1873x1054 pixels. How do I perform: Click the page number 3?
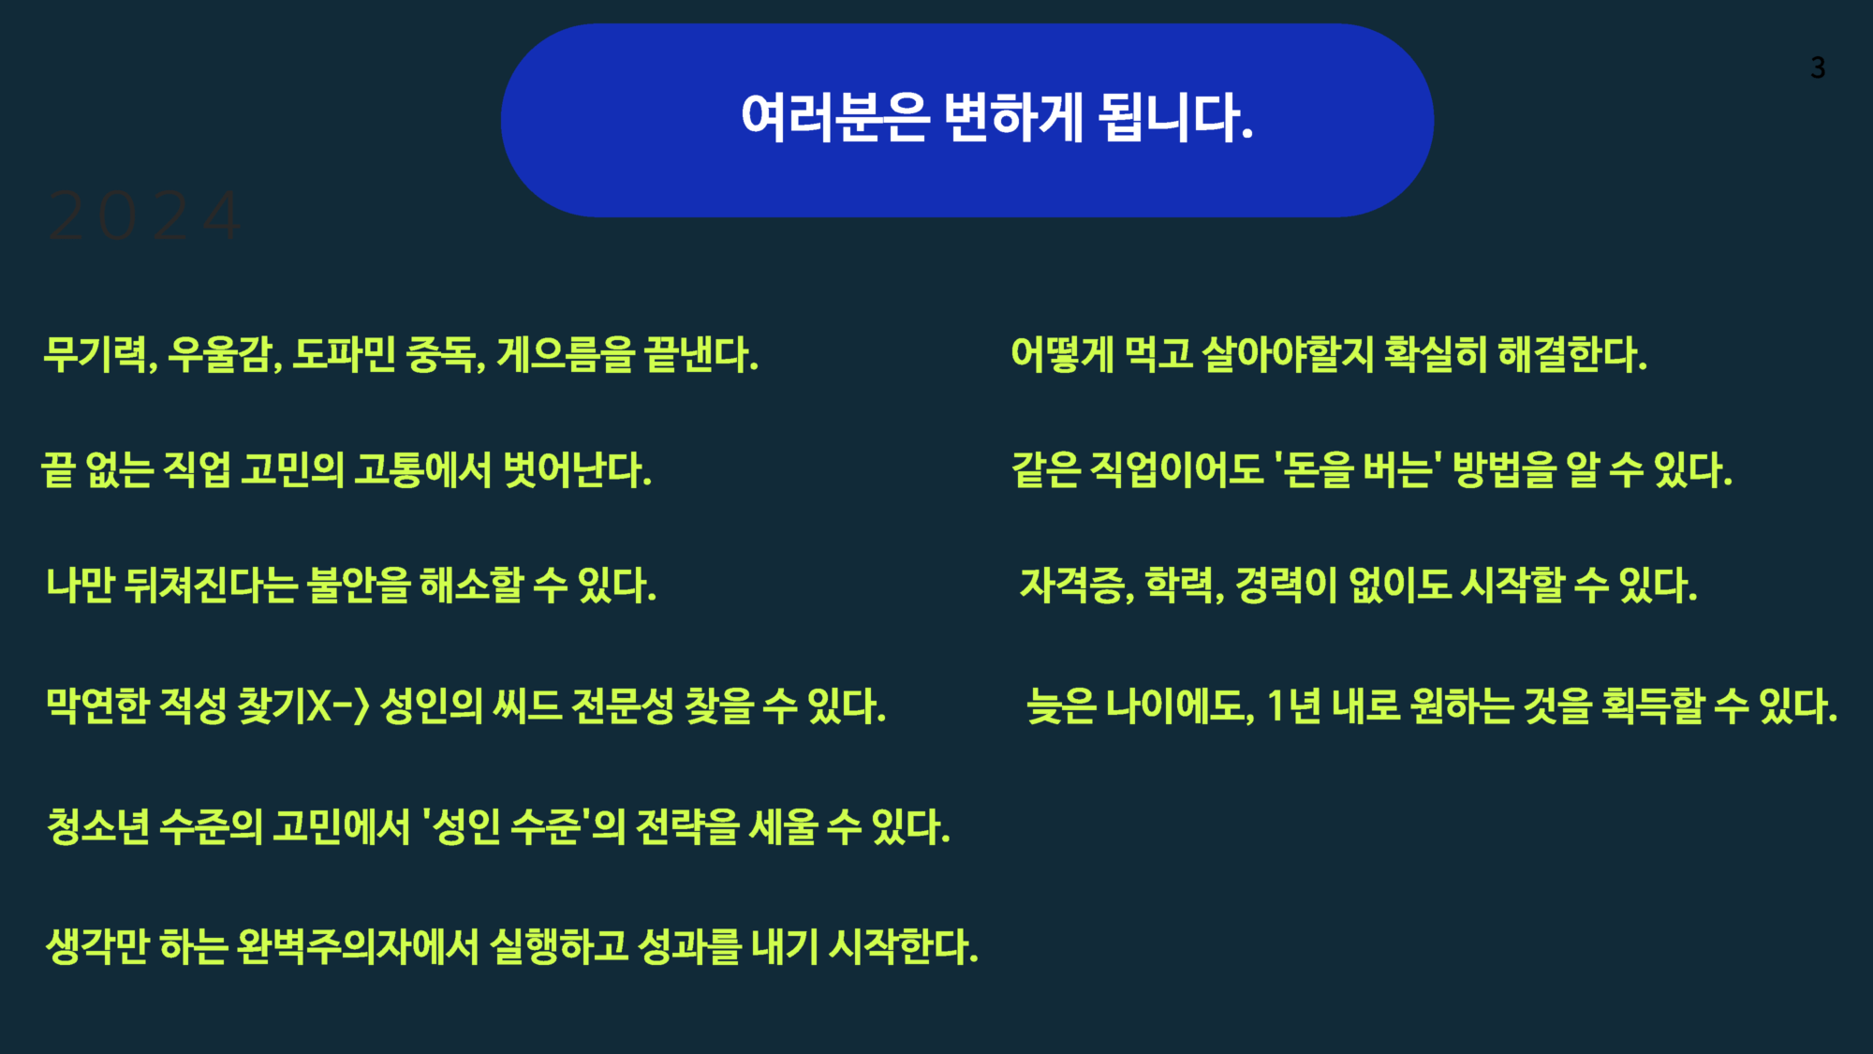[1818, 68]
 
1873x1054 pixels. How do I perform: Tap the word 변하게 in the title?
[1013, 118]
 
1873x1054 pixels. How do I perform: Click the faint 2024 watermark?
[144, 216]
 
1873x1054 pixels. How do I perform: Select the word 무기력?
[96, 355]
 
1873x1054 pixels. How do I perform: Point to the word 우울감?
[221, 355]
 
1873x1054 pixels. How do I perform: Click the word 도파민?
[344, 355]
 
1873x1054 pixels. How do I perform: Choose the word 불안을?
[359, 586]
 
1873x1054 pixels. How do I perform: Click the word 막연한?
[97, 705]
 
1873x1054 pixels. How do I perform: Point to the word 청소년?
[98, 826]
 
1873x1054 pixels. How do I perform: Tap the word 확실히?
[1435, 355]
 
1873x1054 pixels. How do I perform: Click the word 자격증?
[1073, 586]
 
